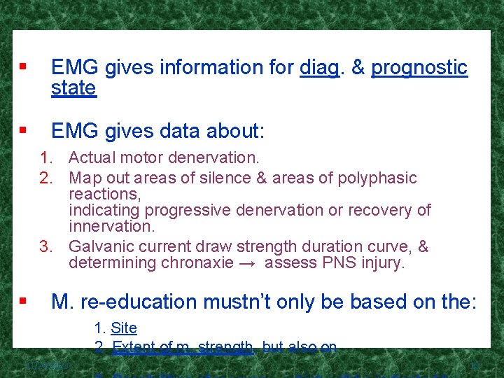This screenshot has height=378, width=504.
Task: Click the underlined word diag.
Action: [318, 68]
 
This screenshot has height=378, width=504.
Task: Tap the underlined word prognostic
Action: [419, 68]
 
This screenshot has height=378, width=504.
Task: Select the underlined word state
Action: [73, 88]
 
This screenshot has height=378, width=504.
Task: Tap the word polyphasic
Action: [376, 178]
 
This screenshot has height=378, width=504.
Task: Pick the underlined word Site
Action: [124, 328]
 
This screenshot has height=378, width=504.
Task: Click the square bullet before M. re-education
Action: [23, 302]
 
